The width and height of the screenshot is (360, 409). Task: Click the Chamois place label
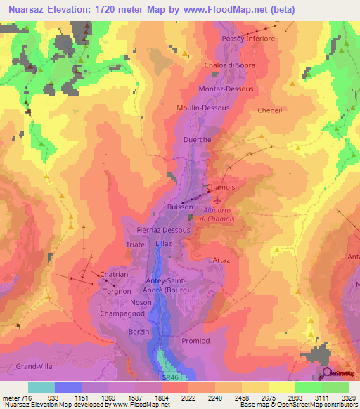(220, 188)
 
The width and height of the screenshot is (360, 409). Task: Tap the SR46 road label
(163, 377)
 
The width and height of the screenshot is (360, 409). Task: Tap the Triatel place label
(136, 244)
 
